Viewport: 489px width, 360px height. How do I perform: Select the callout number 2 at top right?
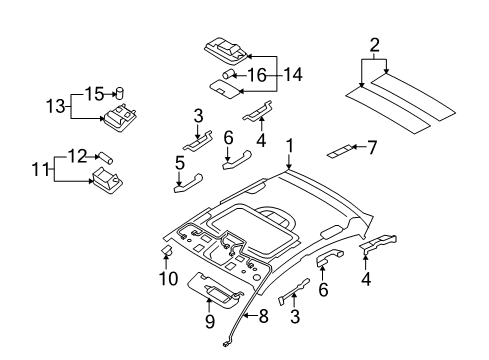pyautogui.click(x=374, y=44)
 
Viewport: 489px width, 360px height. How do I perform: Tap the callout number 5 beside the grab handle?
pyautogui.click(x=181, y=162)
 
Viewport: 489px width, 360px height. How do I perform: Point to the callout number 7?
pyautogui.click(x=372, y=148)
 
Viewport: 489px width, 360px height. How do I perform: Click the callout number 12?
pyautogui.click(x=75, y=154)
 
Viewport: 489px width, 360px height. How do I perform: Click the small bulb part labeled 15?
pyautogui.click(x=119, y=93)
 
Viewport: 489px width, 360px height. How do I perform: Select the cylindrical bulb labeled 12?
pyautogui.click(x=105, y=156)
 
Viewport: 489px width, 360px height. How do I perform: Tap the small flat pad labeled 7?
pyautogui.click(x=340, y=151)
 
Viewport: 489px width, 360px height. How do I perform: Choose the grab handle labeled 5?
pyautogui.click(x=187, y=183)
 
